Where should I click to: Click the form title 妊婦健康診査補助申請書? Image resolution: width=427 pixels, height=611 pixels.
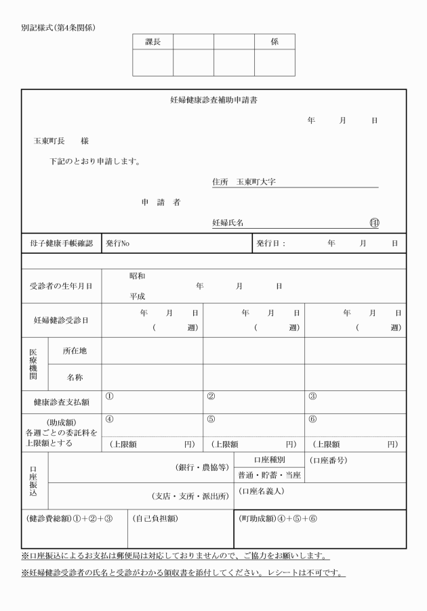[213, 100]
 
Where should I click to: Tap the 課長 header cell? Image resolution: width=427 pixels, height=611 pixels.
[152, 42]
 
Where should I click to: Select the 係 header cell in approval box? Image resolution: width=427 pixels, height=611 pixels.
[274, 42]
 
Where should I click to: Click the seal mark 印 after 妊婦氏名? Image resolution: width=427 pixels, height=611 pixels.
[374, 222]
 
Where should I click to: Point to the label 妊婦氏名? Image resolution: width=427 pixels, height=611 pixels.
[228, 222]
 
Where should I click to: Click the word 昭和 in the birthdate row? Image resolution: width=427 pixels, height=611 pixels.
[137, 276]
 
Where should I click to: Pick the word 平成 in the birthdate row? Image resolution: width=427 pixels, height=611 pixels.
[137, 296]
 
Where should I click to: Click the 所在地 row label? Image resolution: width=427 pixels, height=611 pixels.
[75, 351]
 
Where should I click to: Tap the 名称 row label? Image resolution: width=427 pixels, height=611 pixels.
[75, 377]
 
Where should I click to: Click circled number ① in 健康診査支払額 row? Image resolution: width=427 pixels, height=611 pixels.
[109, 396]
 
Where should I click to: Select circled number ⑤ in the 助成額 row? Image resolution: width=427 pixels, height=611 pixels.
[211, 419]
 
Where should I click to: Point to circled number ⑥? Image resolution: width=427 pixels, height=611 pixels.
[312, 419]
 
